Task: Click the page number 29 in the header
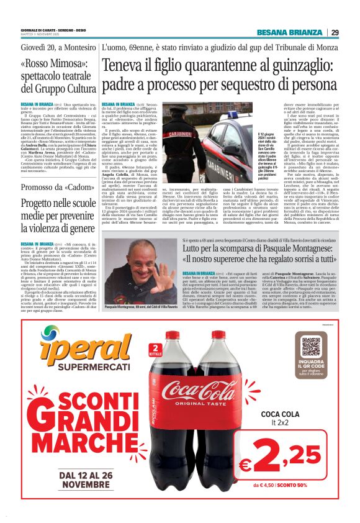pyautogui.click(x=335, y=32)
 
